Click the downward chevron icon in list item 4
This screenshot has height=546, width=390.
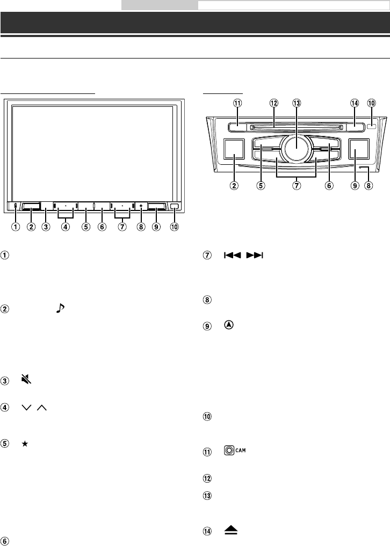[25, 409]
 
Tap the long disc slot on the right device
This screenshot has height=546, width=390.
[295, 128]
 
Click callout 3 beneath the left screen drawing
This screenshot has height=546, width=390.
[47, 227]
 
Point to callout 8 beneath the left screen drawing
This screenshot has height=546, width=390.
[141, 227]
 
